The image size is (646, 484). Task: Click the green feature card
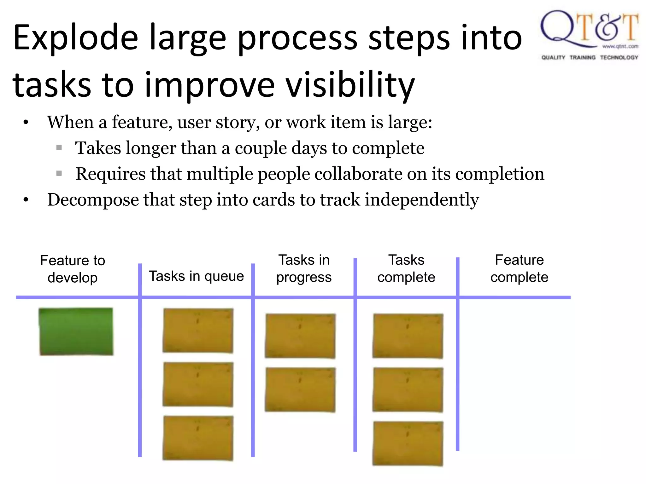[76, 331]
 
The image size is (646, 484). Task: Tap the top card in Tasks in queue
[198, 331]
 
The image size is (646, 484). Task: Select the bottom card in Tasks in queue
[198, 438]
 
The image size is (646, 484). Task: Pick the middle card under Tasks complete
[408, 390]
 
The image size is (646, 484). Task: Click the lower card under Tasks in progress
[300, 390]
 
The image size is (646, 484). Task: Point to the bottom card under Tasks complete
[408, 443]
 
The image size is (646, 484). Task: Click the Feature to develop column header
[73, 269]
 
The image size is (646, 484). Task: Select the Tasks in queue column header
[196, 276]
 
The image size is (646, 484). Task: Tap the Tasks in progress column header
[304, 268]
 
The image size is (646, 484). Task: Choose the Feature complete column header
[519, 268]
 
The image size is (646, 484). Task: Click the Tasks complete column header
[406, 268]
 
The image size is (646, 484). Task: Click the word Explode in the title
[76, 38]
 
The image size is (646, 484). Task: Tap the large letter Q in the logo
[558, 28]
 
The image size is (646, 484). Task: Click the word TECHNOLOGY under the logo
[619, 57]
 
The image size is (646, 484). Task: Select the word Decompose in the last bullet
[93, 200]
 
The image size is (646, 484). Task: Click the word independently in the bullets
[422, 200]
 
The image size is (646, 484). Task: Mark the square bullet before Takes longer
[59, 147]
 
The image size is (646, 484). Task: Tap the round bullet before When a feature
[26, 122]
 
